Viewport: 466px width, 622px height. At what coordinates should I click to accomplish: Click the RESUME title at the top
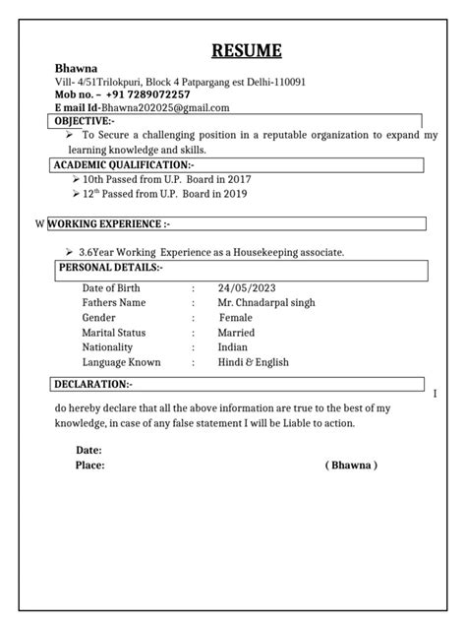point(248,51)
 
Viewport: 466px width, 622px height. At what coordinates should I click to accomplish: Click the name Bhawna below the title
point(76,70)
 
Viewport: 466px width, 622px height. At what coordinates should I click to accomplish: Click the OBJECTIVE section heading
point(85,120)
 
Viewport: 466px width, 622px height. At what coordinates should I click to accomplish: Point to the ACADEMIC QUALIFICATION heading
point(124,164)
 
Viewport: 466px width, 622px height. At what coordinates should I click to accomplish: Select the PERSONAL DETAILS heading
point(111,267)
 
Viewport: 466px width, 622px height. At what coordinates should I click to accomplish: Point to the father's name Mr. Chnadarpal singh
point(267,303)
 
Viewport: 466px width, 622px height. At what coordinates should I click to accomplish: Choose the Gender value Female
point(236,318)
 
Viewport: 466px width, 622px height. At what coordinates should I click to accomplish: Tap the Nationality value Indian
point(234,347)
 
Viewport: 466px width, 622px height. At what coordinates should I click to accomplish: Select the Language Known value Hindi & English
point(254,362)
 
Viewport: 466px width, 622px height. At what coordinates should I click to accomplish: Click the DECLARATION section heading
point(93,383)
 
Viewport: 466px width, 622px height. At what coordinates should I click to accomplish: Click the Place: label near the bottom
point(90,465)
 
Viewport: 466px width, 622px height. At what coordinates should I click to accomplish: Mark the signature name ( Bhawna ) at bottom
point(351,465)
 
